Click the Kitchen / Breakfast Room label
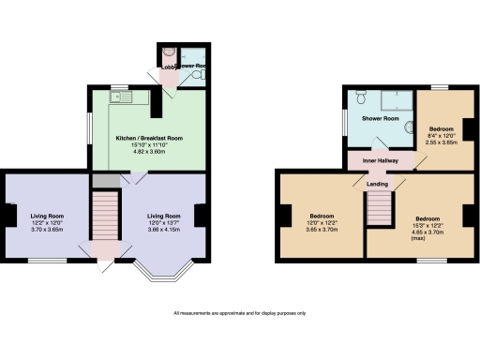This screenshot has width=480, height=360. coord(148,138)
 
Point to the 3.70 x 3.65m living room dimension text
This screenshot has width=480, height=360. coord(46,229)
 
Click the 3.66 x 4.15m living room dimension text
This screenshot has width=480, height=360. coord(164,229)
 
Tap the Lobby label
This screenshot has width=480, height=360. coord(164,67)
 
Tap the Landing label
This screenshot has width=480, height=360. coord(377,184)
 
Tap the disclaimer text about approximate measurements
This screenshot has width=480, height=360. coord(239,312)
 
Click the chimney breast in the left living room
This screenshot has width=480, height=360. coord(7,215)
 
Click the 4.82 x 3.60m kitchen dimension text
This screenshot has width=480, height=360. coord(148,151)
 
